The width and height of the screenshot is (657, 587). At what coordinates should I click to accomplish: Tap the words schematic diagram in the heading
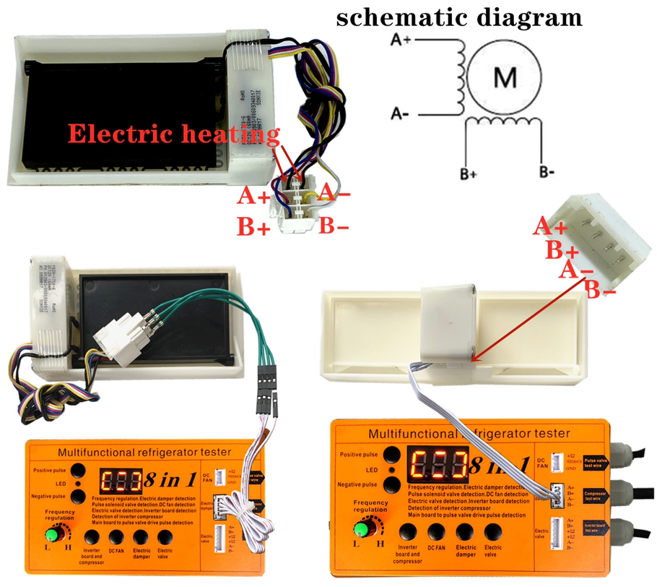[x=459, y=17]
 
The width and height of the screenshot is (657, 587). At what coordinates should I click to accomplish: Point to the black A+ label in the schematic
[x=402, y=40]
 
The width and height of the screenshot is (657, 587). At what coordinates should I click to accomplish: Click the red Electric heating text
[x=173, y=134]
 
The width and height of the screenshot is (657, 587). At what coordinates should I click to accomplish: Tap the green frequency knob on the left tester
[x=52, y=535]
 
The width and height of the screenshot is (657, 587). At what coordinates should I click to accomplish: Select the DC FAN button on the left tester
[x=116, y=537]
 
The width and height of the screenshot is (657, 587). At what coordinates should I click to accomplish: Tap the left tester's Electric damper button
[x=142, y=537]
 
